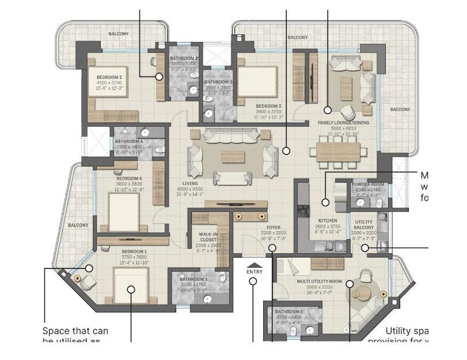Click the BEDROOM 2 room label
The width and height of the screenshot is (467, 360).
click(109, 77)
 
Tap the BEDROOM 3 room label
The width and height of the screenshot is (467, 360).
click(268, 106)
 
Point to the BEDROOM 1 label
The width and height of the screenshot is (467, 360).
click(134, 252)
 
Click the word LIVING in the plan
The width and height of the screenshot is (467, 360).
click(190, 184)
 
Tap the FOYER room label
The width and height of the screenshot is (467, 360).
click(273, 227)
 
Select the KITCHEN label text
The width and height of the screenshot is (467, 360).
click(328, 221)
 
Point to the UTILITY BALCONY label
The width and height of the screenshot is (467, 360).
click(363, 225)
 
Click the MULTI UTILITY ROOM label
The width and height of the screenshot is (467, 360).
click(319, 282)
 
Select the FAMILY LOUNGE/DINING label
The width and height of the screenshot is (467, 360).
click(344, 123)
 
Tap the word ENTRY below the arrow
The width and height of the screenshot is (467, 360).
click(254, 271)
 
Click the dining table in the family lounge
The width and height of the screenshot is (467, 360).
click(338, 151)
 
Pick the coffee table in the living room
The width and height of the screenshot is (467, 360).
click(233, 157)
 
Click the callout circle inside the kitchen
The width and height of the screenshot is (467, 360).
click(325, 202)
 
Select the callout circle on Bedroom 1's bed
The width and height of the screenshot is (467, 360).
click(131, 290)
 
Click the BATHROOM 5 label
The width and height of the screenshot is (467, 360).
click(289, 312)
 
